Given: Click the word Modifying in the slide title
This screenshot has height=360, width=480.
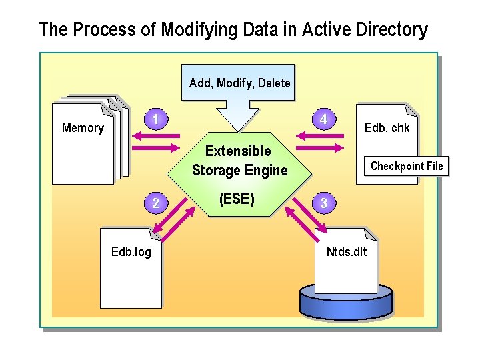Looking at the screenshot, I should (x=194, y=30).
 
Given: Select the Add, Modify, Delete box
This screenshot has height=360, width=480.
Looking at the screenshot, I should (x=239, y=83).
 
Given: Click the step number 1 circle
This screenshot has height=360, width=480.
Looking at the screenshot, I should (x=155, y=120).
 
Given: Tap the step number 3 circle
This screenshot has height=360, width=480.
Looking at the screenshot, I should (x=323, y=203).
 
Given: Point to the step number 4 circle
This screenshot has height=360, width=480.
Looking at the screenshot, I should (x=323, y=120).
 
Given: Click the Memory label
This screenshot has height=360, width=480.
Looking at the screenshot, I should (x=83, y=128).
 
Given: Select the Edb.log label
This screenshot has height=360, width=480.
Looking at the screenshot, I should (x=131, y=252).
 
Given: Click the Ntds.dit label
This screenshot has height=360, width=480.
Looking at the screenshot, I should (x=346, y=252).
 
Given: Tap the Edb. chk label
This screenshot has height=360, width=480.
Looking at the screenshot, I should (x=387, y=128).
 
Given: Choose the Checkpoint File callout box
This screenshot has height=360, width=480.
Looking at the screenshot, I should (x=406, y=166).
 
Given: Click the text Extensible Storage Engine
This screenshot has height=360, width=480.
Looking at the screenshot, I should (x=239, y=161).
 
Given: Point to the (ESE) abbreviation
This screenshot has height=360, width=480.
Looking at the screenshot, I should (x=237, y=199).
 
